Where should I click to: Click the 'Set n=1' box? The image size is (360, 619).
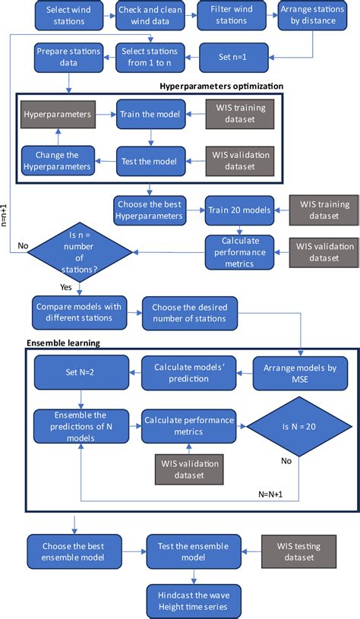(x=232, y=55)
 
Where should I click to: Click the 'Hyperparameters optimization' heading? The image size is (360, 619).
(x=221, y=86)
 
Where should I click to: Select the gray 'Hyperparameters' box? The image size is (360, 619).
(x=58, y=114)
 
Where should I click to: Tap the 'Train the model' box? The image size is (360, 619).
(x=150, y=114)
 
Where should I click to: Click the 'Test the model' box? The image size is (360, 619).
(x=150, y=160)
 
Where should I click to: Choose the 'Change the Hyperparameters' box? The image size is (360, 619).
(x=58, y=160)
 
